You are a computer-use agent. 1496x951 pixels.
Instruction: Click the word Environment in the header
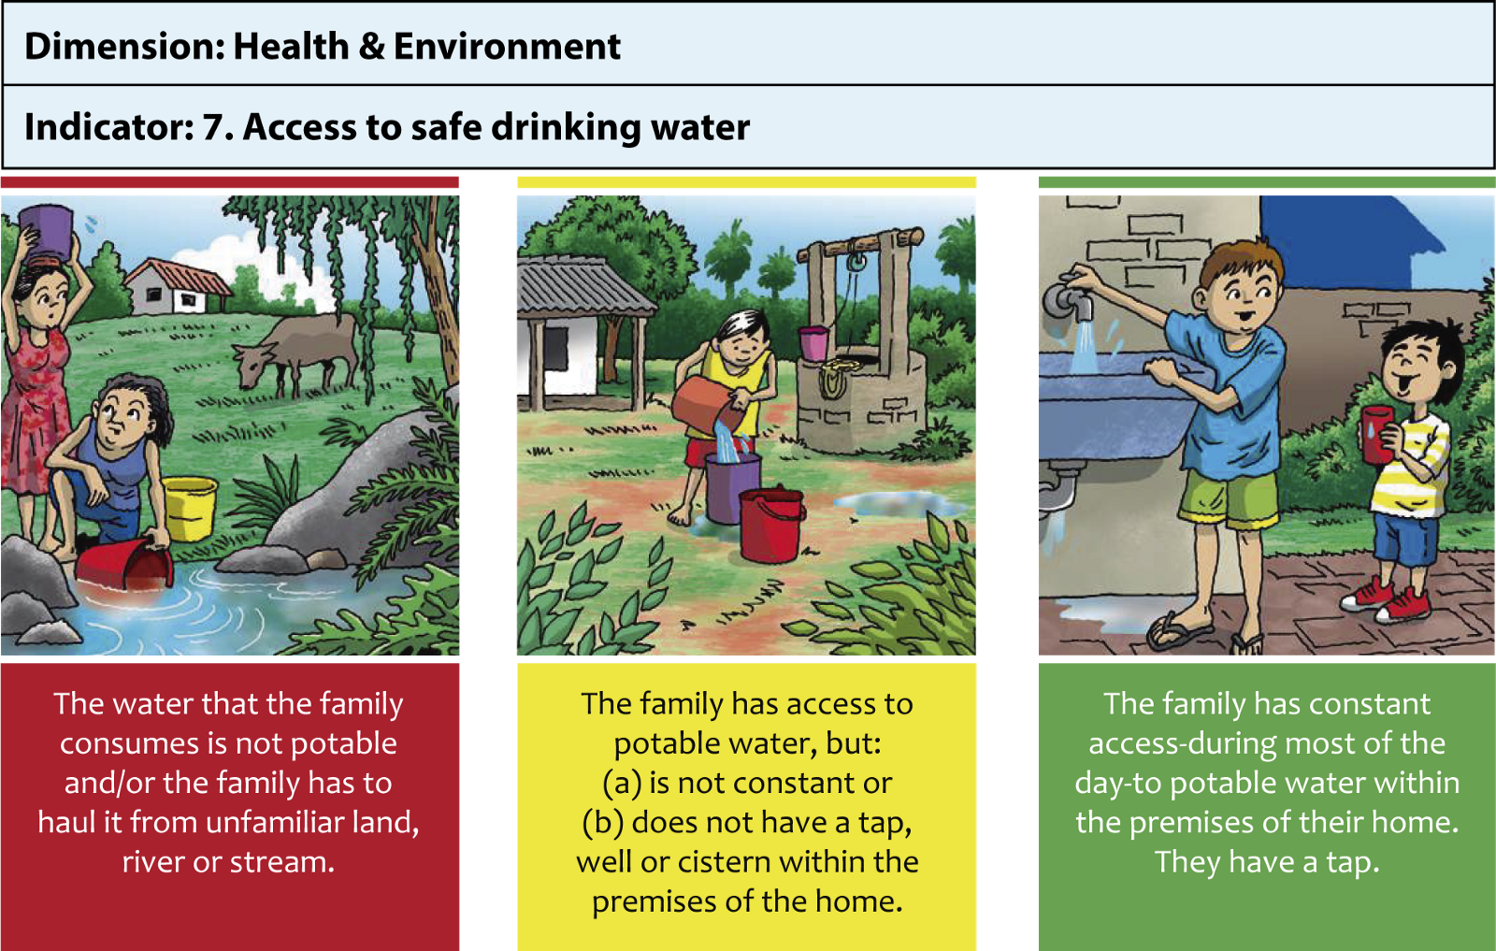tap(507, 46)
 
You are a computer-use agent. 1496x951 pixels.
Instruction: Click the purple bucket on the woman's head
tap(46, 233)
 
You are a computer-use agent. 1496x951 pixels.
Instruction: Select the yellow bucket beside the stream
tap(190, 508)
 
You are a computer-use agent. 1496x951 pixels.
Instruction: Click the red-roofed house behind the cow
tap(177, 287)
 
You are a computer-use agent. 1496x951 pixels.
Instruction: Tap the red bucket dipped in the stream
tap(124, 564)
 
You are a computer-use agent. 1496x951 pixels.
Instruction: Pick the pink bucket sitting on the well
tap(813, 343)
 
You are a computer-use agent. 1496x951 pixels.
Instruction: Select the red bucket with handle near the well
tap(771, 525)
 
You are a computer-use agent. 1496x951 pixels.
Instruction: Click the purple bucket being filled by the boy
tap(733, 488)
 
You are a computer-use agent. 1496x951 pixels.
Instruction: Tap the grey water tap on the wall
tap(1069, 300)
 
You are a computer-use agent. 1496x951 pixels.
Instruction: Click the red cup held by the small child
tap(1376, 434)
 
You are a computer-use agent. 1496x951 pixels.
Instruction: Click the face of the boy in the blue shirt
tap(1243, 294)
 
